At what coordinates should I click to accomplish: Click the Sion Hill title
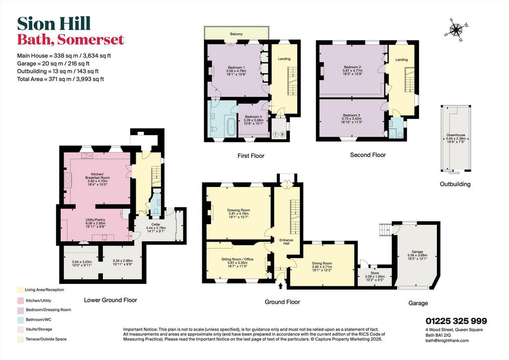[54, 24]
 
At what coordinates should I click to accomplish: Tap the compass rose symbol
[456, 30]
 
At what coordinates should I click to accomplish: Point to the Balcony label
[236, 34]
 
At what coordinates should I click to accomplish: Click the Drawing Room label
[238, 210]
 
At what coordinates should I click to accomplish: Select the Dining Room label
[322, 263]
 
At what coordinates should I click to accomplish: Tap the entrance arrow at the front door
[280, 285]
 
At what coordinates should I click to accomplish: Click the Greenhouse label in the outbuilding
[456, 135]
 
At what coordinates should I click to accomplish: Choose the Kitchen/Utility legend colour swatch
[21, 300]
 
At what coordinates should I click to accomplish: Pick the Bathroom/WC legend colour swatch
[21, 319]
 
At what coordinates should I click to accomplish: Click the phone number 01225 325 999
[456, 321]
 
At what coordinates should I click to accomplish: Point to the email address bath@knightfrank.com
[447, 341]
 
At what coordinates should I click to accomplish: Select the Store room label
[375, 273]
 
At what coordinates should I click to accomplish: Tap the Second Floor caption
[368, 155]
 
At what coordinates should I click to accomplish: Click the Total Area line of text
[60, 79]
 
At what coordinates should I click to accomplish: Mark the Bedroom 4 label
[253, 117]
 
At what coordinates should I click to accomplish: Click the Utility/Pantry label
[95, 220]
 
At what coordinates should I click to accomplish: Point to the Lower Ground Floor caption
[110, 300]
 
